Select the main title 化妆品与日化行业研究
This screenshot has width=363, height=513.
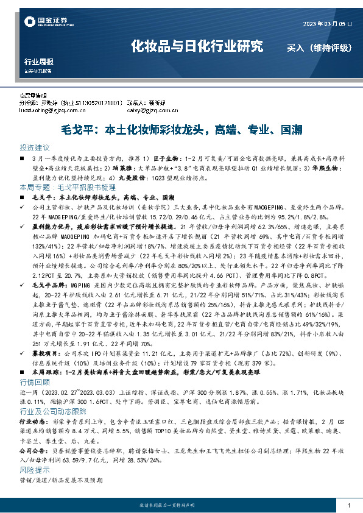click(197, 46)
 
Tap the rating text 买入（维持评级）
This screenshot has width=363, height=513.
click(315, 47)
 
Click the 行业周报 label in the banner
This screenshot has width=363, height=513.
click(38, 62)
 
